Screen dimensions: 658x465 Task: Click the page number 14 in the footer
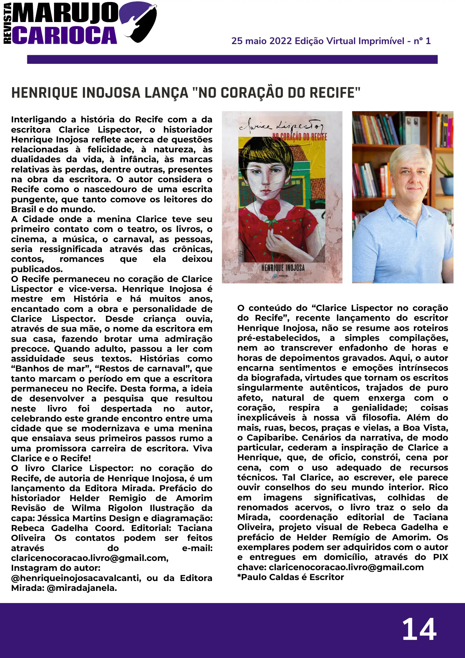click(419, 629)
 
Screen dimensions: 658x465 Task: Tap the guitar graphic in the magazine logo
click(140, 21)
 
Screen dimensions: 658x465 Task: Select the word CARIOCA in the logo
click(64, 35)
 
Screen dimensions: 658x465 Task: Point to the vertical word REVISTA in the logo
click(7, 23)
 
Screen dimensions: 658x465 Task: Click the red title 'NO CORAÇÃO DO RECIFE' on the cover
click(300, 137)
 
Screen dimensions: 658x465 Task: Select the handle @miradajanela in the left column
click(82, 588)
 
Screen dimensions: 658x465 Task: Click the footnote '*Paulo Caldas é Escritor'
click(290, 577)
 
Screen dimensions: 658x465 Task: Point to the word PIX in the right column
click(440, 557)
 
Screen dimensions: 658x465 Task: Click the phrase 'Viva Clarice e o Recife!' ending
click(51, 458)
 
